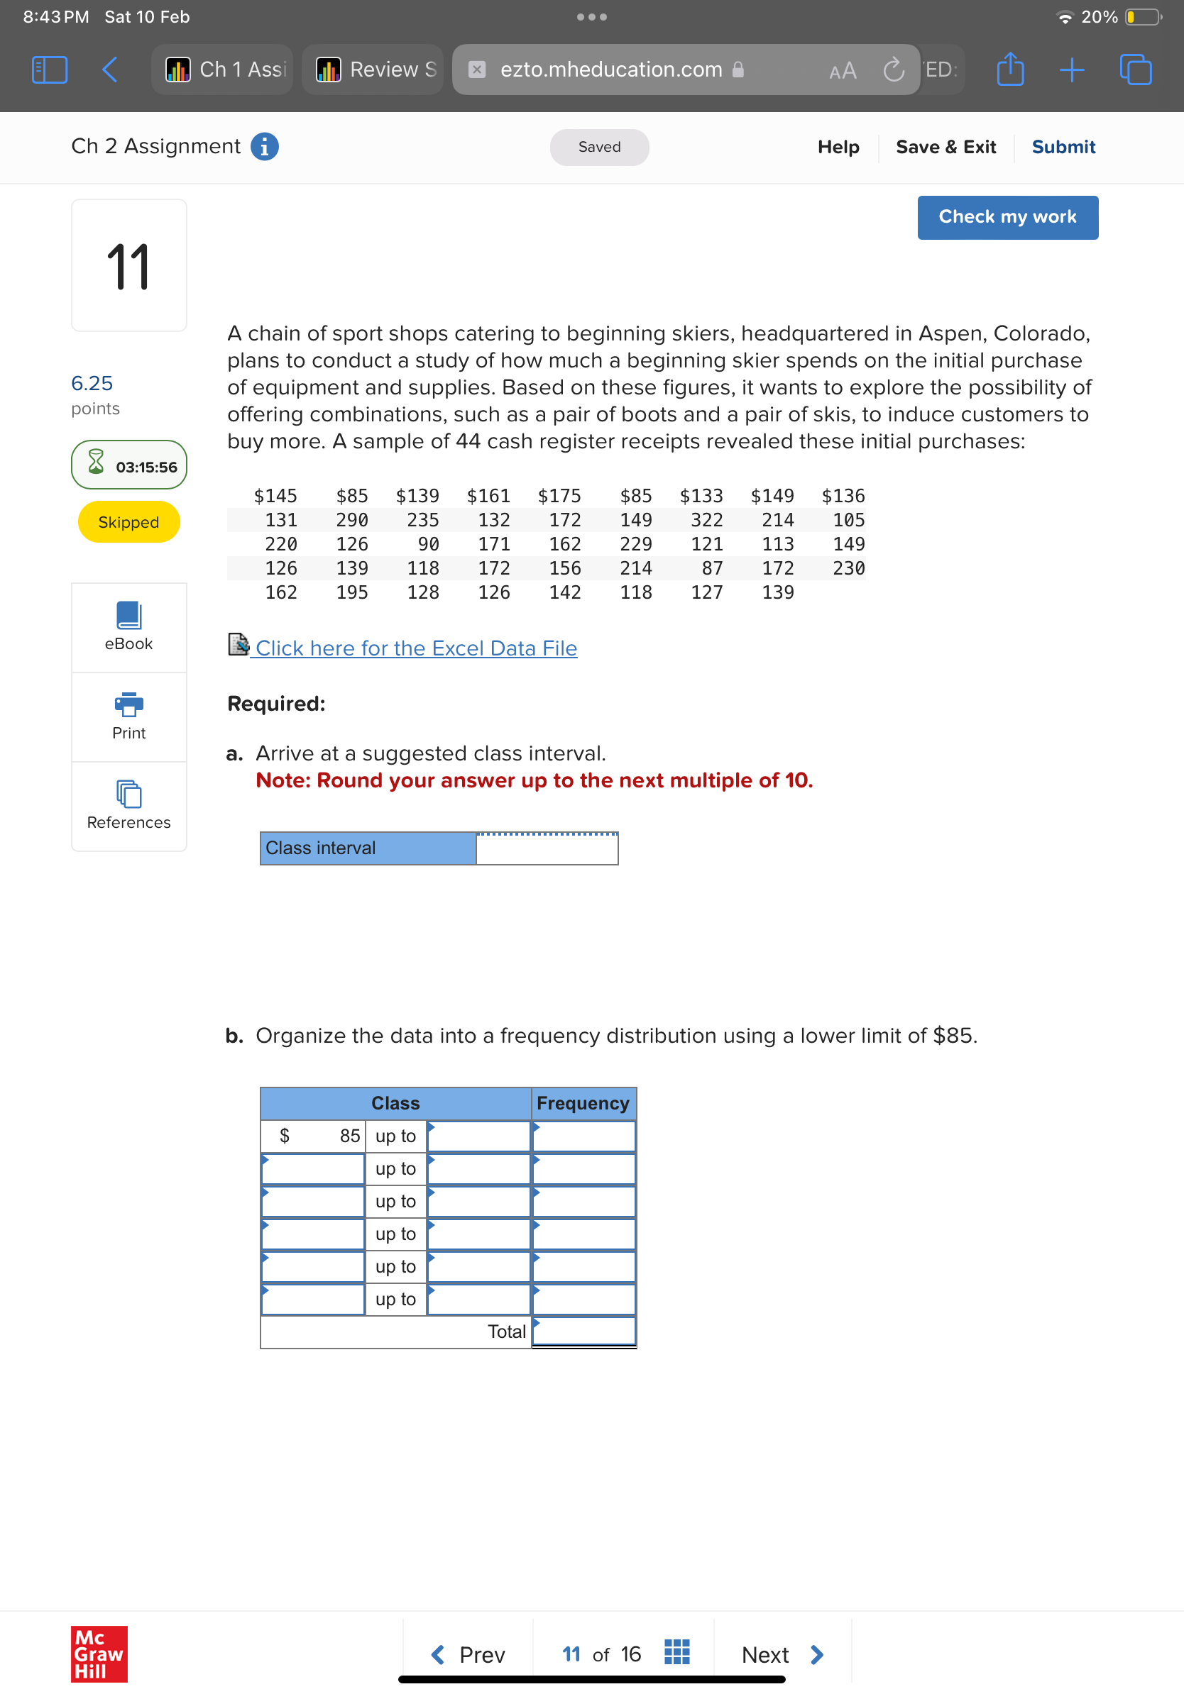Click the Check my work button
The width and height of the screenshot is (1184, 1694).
[x=1007, y=217]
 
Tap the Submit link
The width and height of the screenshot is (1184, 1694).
[x=1063, y=147]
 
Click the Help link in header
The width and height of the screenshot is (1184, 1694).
[x=838, y=147]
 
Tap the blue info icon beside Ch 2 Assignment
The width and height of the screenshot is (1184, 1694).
[x=264, y=146]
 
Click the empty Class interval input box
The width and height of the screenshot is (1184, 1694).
[x=547, y=848]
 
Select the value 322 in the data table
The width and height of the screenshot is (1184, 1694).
[x=706, y=520]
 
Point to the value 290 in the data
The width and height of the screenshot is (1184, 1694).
[x=352, y=520]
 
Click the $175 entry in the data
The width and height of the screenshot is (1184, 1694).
[x=559, y=496]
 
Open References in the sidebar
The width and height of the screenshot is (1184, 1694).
[x=128, y=805]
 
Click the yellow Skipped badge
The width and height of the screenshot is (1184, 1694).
[x=128, y=521]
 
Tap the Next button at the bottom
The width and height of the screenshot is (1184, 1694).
[x=782, y=1654]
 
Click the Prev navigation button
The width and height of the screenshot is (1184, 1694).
[x=468, y=1654]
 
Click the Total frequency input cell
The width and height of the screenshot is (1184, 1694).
[x=583, y=1332]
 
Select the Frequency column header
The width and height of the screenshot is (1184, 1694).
[x=582, y=1103]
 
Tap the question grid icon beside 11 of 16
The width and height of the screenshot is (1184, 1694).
[x=676, y=1652]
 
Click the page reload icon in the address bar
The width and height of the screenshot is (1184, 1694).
[x=893, y=70]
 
